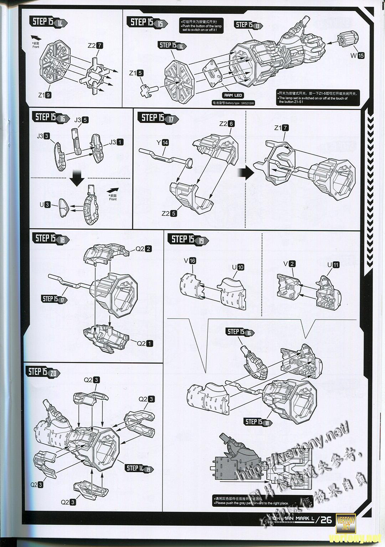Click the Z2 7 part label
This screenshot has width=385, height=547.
click(95, 46)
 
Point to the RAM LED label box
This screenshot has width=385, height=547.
click(233, 95)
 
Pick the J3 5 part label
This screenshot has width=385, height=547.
click(81, 120)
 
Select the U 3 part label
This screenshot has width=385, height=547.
click(45, 205)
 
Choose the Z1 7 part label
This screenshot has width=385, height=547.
click(282, 128)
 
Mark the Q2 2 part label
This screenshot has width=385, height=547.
click(144, 249)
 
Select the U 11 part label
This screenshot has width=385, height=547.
click(333, 264)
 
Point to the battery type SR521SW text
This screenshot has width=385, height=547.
click(234, 103)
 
